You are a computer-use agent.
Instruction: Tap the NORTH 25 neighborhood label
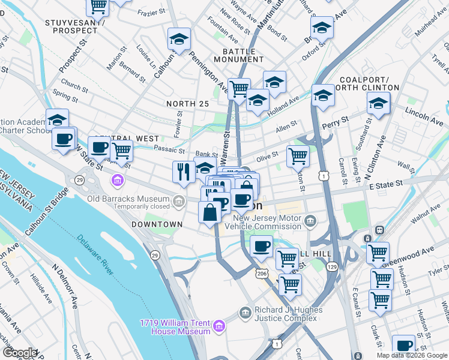(187, 104)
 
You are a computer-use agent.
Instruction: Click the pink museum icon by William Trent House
(219, 326)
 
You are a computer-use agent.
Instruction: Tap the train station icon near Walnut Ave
(379, 230)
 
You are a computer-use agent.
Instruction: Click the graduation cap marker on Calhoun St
(179, 39)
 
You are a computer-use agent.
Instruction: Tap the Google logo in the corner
(20, 353)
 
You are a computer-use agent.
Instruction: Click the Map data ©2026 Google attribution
(411, 355)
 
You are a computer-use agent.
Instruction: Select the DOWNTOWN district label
(157, 224)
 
